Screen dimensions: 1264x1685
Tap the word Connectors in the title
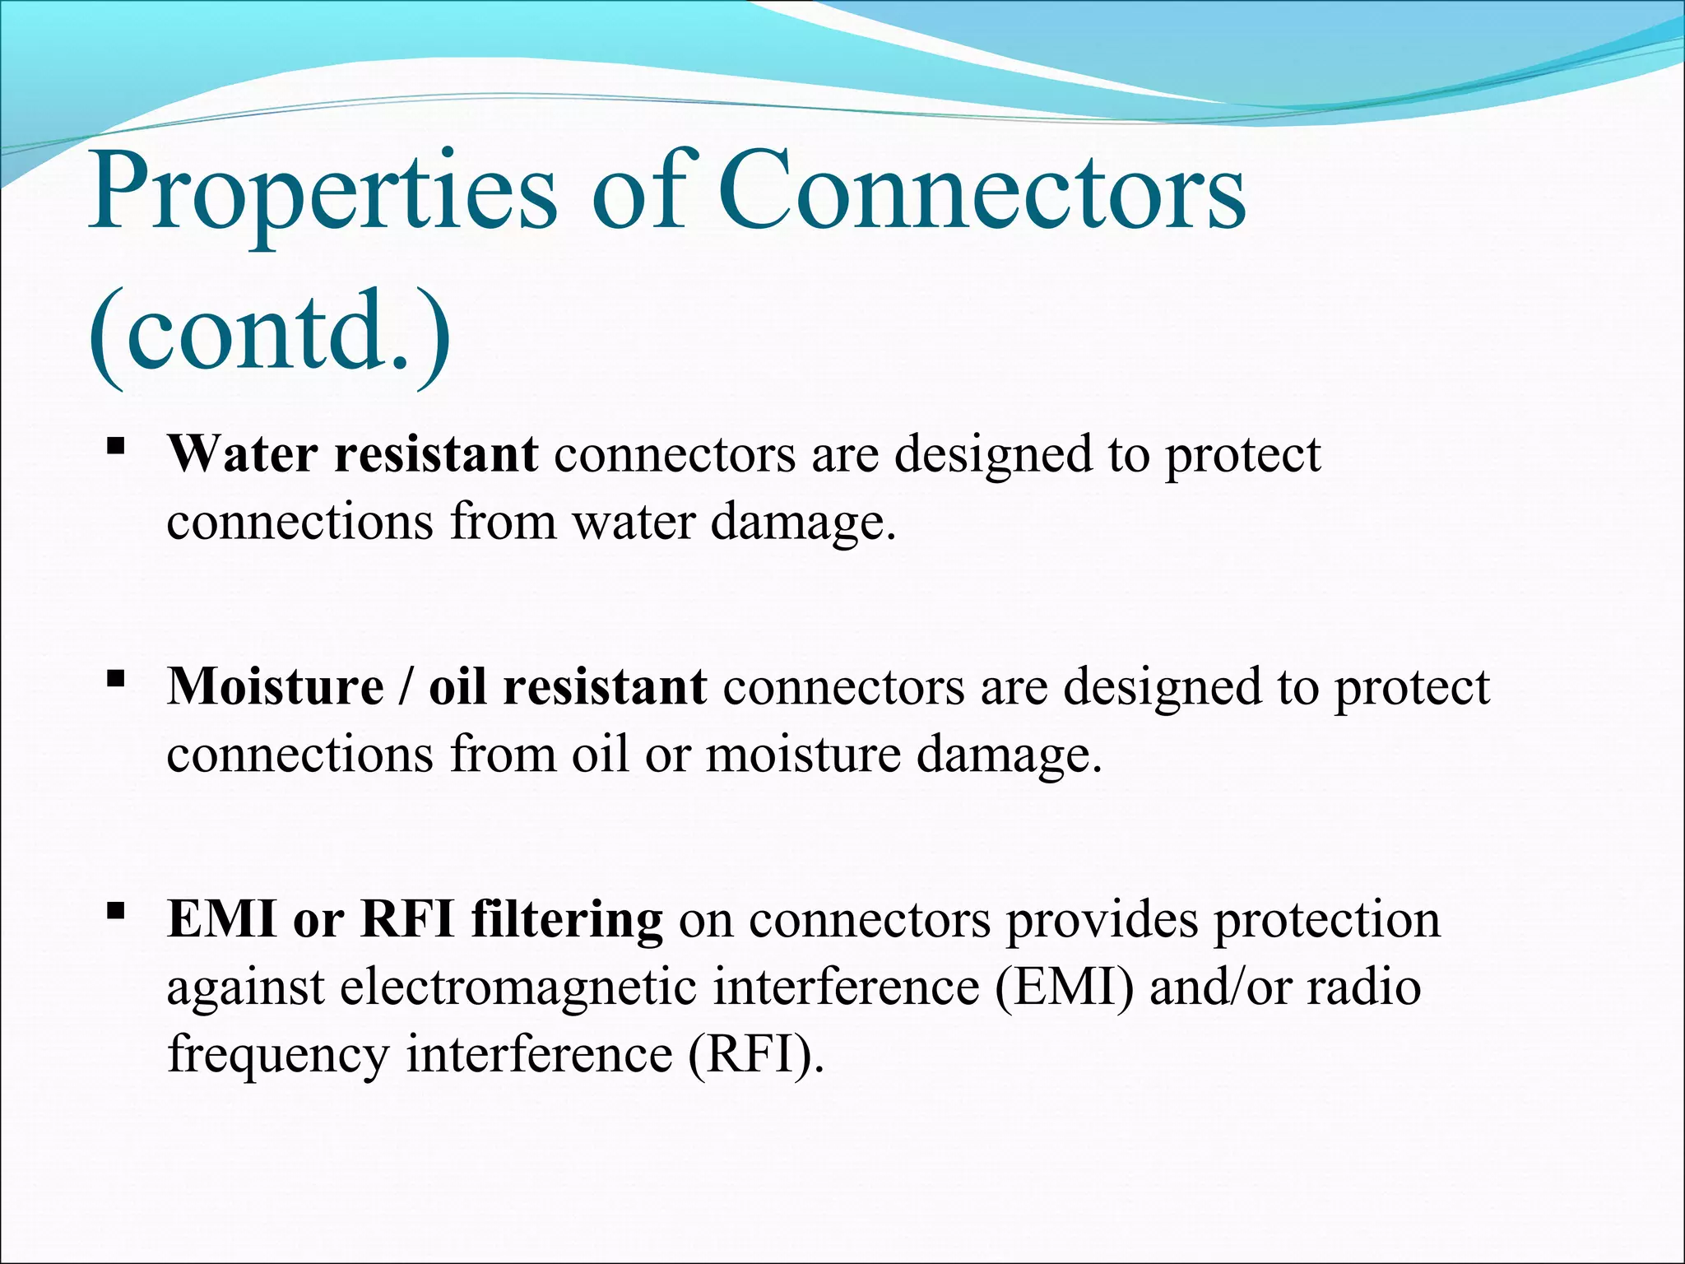(982, 192)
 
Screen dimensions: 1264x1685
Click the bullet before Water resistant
(116, 447)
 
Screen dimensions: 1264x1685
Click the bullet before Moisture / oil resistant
(116, 679)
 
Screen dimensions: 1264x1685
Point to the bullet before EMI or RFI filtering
(116, 911)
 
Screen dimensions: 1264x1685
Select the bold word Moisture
(275, 685)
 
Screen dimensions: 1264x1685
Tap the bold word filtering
(567, 918)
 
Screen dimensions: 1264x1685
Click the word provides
(1102, 918)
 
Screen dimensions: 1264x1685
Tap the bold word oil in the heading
(457, 685)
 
